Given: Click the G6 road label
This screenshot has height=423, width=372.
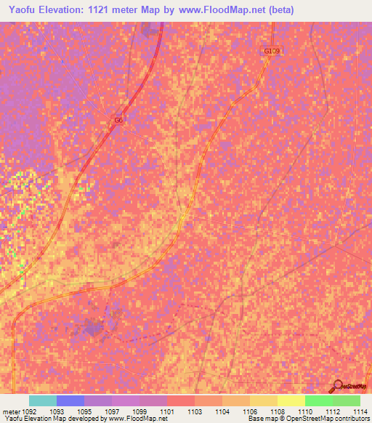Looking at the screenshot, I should pos(118,120).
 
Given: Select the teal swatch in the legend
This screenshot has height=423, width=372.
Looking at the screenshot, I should pos(42,400).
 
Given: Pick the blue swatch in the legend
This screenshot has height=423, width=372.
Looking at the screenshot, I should pos(70,400).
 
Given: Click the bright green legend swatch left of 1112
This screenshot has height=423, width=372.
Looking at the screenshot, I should pos(318,400).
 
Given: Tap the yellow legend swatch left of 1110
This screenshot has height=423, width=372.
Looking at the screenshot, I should pos(291,400).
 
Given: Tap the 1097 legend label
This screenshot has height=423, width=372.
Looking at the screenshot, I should pos(113,411).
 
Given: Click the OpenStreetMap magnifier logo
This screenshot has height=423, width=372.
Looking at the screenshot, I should pos(337,385).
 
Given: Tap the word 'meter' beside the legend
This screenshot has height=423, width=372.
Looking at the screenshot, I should pos(11,411).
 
